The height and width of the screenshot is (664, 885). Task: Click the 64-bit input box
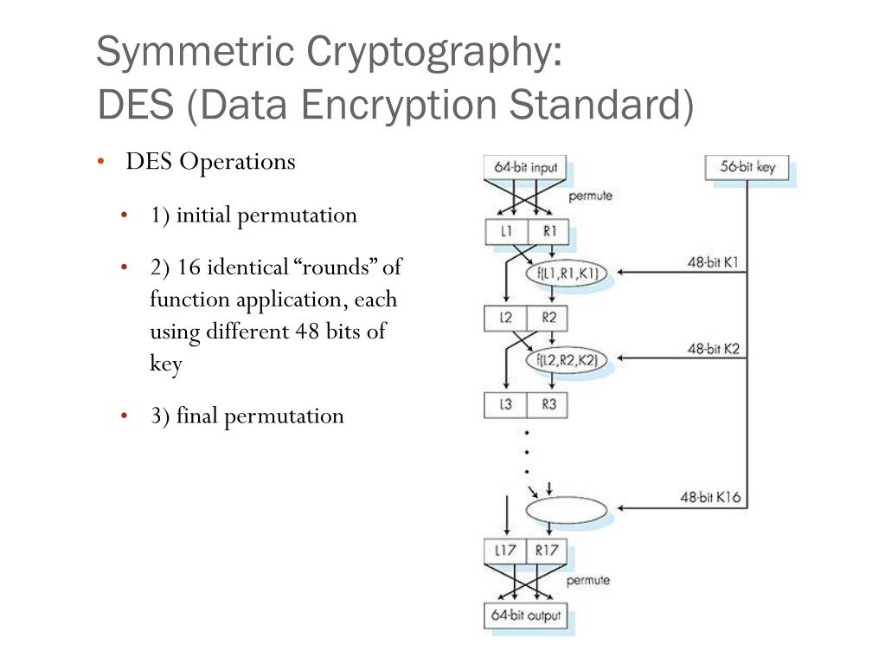pyautogui.click(x=525, y=167)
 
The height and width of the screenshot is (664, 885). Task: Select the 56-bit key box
pyautogui.click(x=747, y=167)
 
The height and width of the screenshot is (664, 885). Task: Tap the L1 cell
pyautogui.click(x=506, y=231)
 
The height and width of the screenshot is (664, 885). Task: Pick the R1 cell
pyautogui.click(x=548, y=231)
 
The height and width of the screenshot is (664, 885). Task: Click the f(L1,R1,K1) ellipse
pyautogui.click(x=567, y=274)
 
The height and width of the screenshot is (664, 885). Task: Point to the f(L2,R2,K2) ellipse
pyautogui.click(x=567, y=359)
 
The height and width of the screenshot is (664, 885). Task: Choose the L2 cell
pyautogui.click(x=506, y=318)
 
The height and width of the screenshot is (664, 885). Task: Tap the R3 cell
pyautogui.click(x=548, y=404)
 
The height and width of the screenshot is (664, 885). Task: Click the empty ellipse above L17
pyautogui.click(x=567, y=510)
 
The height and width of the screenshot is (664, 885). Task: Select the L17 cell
pyautogui.click(x=505, y=550)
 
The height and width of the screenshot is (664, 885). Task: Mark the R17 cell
pyautogui.click(x=547, y=550)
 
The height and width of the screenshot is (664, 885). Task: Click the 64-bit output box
pyautogui.click(x=525, y=616)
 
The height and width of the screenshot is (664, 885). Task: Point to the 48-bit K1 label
pyautogui.click(x=713, y=262)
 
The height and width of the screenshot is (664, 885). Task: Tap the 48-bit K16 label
pyautogui.click(x=709, y=498)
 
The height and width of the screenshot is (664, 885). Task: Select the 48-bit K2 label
pyautogui.click(x=713, y=348)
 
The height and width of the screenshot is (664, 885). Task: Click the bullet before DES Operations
pyautogui.click(x=101, y=162)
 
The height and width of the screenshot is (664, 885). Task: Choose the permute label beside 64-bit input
pyautogui.click(x=590, y=196)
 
